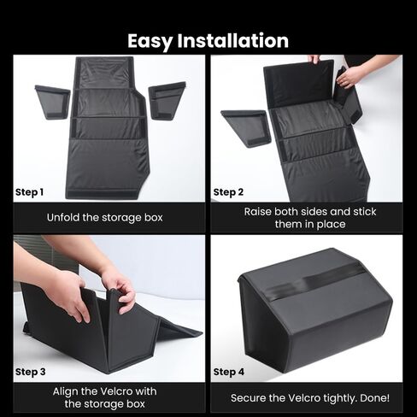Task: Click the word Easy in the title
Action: click(150, 41)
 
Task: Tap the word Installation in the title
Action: click(233, 40)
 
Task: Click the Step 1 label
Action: click(29, 192)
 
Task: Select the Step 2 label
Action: click(228, 192)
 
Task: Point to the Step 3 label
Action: click(31, 372)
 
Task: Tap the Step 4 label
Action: click(229, 372)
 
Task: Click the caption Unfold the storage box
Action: click(105, 218)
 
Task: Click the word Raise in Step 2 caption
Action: click(257, 212)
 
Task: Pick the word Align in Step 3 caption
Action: click(65, 391)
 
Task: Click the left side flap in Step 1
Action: click(53, 102)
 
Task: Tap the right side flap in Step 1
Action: click(167, 100)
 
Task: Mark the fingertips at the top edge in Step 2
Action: click(314, 59)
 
